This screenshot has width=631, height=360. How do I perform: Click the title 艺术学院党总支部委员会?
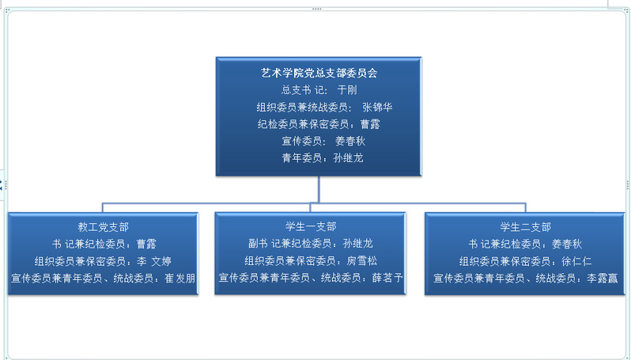pos(319,73)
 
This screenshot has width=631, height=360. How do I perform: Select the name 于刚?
pos(347,89)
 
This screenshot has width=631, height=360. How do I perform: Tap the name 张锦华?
pos(377,107)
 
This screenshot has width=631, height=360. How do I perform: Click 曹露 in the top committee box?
pos(370,124)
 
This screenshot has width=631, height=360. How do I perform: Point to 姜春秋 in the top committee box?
pos(350,141)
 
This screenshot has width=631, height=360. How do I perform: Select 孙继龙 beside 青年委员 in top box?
pos(348,158)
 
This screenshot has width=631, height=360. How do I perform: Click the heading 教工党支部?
pos(104,227)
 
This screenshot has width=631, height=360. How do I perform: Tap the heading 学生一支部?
pos(311,227)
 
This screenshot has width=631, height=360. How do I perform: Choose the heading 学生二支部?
pos(526,227)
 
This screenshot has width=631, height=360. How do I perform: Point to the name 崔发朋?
pos(179,279)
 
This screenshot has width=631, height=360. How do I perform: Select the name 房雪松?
pos(362,261)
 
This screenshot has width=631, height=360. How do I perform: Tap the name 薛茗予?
pos(387,278)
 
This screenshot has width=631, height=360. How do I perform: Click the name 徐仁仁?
pos(576,261)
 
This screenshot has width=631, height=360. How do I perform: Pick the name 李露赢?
pos(602,279)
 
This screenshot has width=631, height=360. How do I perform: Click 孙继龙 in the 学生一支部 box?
pos(357,244)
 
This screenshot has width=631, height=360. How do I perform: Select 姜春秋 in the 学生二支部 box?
pos(567,244)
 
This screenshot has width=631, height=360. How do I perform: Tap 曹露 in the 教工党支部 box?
pos(146,244)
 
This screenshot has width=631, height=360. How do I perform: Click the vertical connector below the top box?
pos(319,189)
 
